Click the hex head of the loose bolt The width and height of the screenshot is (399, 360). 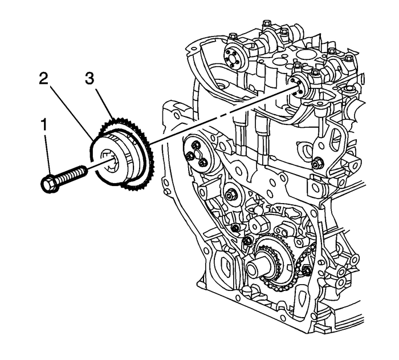pos(49,182)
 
